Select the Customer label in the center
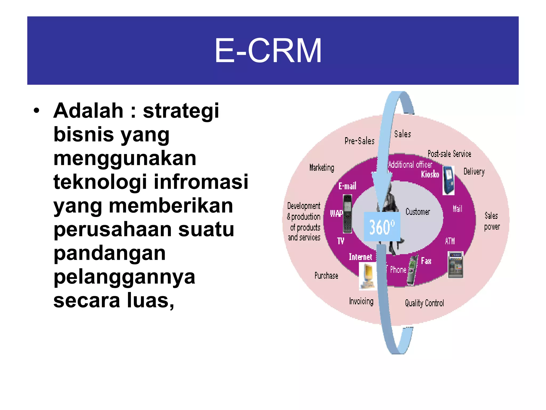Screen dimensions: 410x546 click(418, 212)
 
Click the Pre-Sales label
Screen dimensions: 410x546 click(359, 141)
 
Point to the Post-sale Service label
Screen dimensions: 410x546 click(449, 154)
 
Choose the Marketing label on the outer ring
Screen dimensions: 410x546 click(322, 168)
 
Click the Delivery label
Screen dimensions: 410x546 click(474, 171)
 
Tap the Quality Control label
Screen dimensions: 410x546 click(424, 303)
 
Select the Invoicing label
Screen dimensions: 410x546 click(361, 301)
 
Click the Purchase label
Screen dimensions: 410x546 click(326, 275)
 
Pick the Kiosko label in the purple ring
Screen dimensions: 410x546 click(430, 174)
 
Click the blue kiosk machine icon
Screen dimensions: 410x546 click(448, 180)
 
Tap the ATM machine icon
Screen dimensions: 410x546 click(455, 265)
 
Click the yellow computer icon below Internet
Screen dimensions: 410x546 click(368, 276)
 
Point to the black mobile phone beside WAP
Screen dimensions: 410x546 click(347, 214)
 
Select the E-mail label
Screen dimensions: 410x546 click(347, 186)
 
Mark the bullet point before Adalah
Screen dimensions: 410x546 click(37, 111)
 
